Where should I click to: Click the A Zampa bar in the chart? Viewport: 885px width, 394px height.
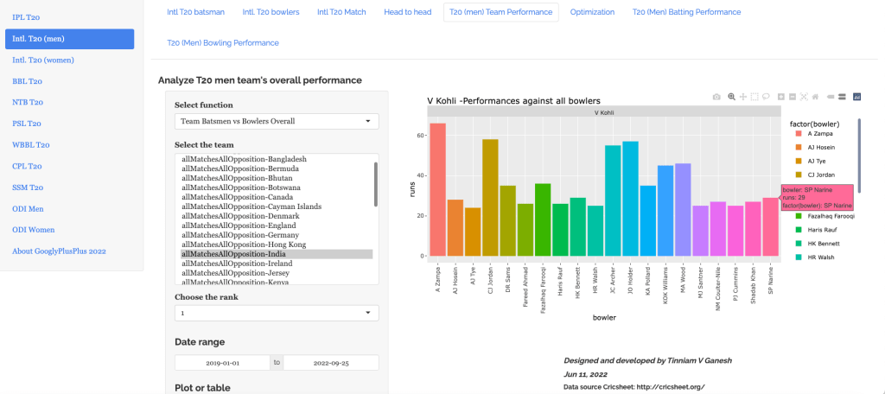(437, 190)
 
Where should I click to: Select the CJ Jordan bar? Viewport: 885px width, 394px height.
(490, 198)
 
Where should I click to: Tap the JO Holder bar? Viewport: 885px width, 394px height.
(630, 199)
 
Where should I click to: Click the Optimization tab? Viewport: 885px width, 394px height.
(593, 12)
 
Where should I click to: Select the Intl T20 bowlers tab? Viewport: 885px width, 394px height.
(271, 12)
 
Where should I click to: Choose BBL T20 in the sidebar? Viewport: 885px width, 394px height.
(28, 81)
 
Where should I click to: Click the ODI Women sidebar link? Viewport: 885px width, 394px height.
(34, 230)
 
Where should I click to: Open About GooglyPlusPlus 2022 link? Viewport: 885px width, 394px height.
(59, 251)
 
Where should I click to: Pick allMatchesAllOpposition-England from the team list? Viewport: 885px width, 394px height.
(239, 225)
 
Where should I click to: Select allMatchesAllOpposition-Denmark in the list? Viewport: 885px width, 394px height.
(239, 215)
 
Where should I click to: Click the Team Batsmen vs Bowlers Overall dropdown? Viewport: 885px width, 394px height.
(277, 122)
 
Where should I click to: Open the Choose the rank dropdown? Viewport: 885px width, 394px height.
(277, 313)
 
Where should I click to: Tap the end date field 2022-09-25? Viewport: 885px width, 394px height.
(330, 363)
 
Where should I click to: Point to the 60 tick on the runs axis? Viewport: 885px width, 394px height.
(418, 136)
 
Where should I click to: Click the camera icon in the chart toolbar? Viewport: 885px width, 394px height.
(716, 97)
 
